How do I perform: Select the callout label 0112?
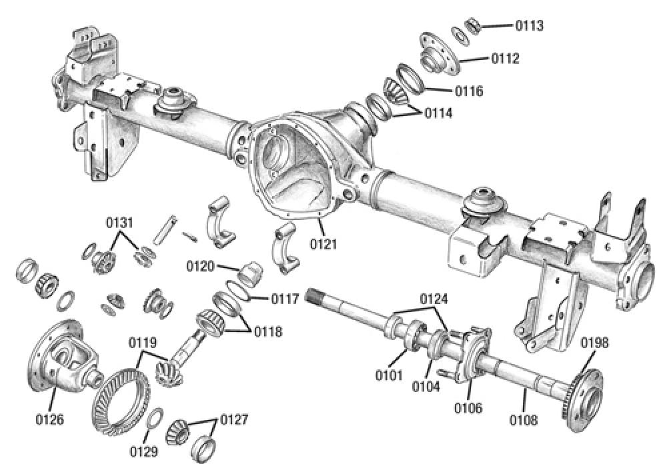(x=506, y=59)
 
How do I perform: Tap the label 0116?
(x=469, y=91)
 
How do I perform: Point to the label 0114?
(x=439, y=114)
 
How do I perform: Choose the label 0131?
(x=120, y=223)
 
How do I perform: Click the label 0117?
(x=285, y=299)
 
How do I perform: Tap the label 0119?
(x=143, y=343)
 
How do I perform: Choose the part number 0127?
(x=233, y=420)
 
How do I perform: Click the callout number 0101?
(x=389, y=375)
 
